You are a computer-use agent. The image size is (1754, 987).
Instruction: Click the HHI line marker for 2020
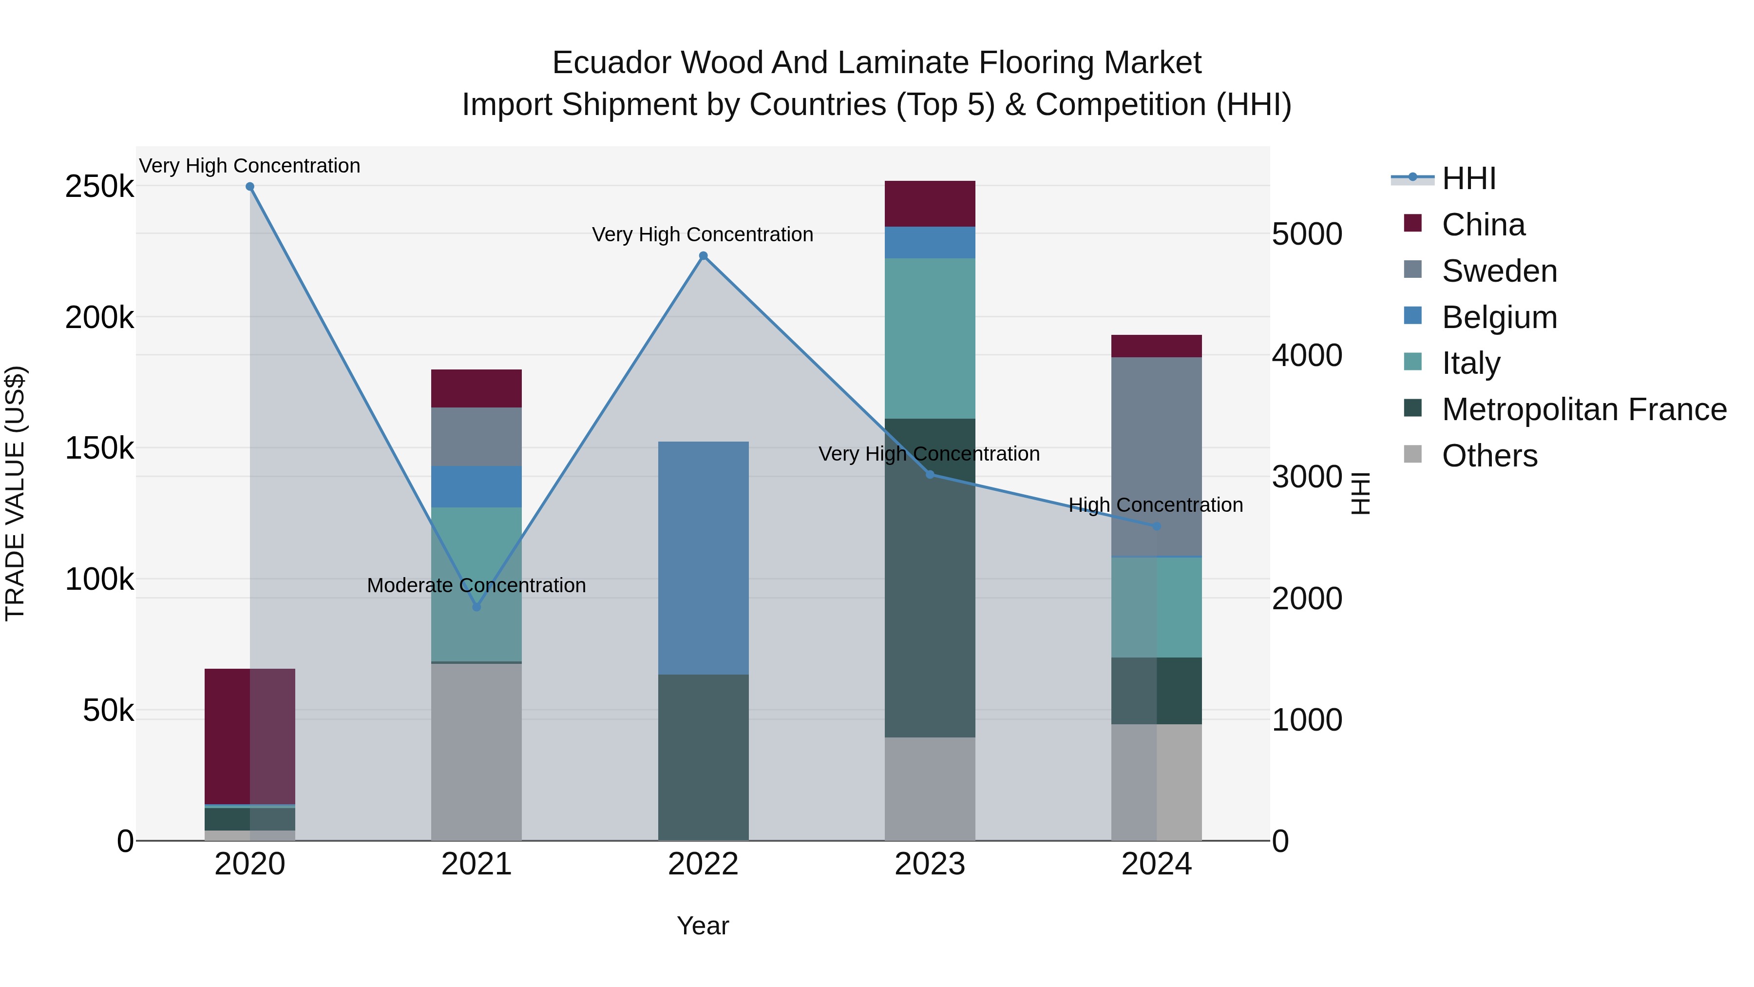coord(250,187)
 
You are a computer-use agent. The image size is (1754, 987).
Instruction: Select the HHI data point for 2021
coord(477,607)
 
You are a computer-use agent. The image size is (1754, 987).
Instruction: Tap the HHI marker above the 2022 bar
coord(704,256)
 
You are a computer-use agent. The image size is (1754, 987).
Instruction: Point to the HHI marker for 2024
coord(1156,526)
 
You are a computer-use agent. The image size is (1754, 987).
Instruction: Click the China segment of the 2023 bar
coord(930,204)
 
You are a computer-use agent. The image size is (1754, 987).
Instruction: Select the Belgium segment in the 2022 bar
coord(704,558)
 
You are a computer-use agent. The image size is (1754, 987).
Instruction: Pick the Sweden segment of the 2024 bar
coord(1156,456)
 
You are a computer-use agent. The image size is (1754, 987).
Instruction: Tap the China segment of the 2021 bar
coord(477,388)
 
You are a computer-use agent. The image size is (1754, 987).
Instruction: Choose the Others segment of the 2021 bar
coord(477,752)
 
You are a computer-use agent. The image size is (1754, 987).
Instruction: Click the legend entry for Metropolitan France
coord(1584,409)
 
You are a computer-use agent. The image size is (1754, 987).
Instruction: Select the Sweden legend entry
coord(1499,271)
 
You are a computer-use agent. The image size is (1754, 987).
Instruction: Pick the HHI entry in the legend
coord(1468,178)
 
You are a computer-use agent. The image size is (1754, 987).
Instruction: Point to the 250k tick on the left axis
coord(99,187)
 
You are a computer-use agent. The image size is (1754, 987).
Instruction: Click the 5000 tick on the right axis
coord(1307,234)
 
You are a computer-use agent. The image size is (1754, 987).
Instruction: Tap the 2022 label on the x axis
coord(704,864)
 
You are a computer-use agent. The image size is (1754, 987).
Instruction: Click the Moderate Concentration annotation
coord(476,585)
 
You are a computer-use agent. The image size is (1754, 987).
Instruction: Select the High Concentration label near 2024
coord(1156,505)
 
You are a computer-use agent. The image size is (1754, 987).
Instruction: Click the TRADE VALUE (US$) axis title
coord(15,493)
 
